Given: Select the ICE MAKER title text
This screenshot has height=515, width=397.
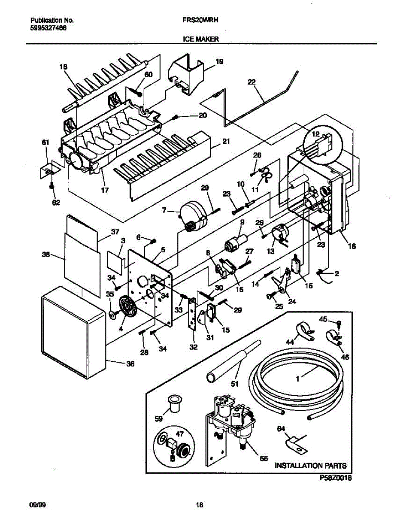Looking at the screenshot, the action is point(200,39).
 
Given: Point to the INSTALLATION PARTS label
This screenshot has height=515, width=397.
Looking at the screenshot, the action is point(310,466).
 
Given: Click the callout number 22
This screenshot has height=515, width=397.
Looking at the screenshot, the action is point(252,82).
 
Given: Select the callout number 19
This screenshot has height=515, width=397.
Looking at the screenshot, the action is point(219,62).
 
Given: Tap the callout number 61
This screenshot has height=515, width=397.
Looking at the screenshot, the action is point(45,142).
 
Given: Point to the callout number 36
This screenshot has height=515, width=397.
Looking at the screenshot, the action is point(130,364).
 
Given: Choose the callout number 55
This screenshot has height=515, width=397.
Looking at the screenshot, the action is point(264,458).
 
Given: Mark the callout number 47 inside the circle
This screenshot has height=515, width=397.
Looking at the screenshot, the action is point(180,434).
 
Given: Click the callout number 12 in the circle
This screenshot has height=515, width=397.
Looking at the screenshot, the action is point(315,134).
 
